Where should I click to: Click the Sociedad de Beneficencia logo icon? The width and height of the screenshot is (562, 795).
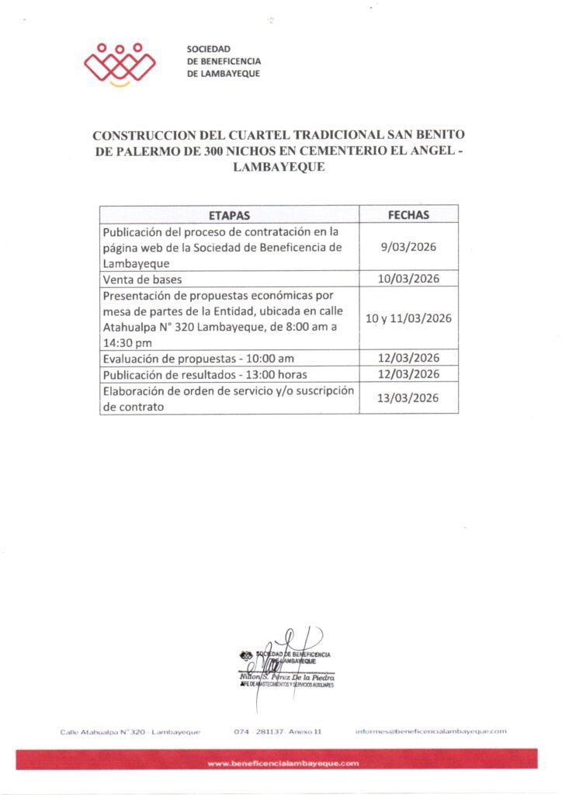pyautogui.click(x=120, y=63)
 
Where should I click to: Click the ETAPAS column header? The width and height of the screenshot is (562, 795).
pyautogui.click(x=229, y=214)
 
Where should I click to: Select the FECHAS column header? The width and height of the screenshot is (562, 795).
pyautogui.click(x=408, y=214)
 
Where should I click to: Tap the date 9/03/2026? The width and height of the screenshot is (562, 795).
pyautogui.click(x=408, y=247)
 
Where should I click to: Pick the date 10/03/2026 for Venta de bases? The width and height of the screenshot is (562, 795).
pyautogui.click(x=408, y=279)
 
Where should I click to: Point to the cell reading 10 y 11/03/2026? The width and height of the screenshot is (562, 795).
pyautogui.click(x=408, y=318)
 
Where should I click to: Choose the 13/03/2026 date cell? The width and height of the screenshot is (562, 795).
pyautogui.click(x=408, y=398)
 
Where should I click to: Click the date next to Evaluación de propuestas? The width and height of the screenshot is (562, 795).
pyautogui.click(x=408, y=358)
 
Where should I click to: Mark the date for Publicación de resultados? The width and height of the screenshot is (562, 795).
pyautogui.click(x=408, y=374)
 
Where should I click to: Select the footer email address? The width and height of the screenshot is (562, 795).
pyautogui.click(x=431, y=731)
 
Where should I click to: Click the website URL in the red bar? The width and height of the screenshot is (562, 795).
pyautogui.click(x=283, y=764)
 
